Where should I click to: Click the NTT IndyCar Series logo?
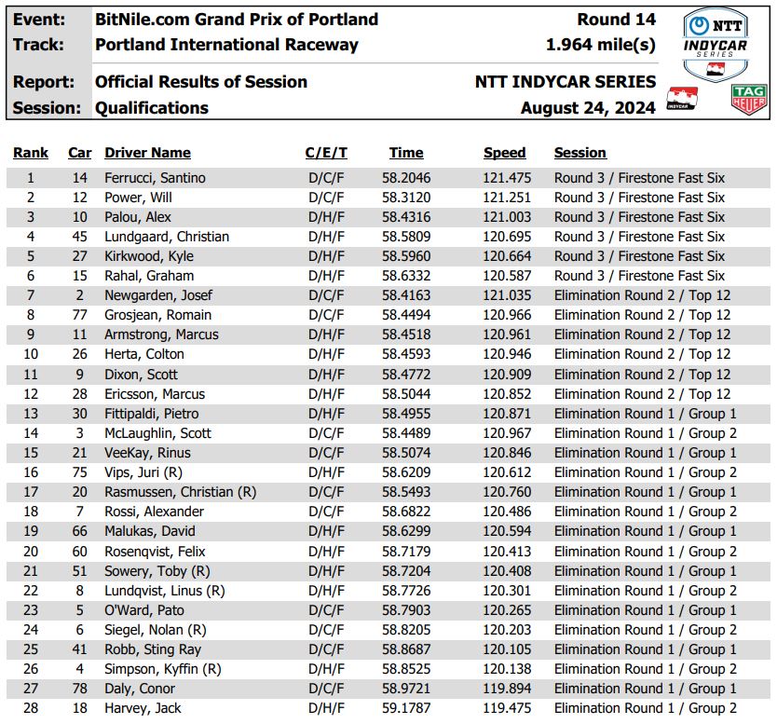(x=715, y=45)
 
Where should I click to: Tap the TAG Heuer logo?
(x=749, y=101)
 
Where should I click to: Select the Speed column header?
(x=504, y=153)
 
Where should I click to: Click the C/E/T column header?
(x=326, y=153)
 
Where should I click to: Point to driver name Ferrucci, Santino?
(x=155, y=178)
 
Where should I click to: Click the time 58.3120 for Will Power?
(x=406, y=198)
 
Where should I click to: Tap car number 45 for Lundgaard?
(x=80, y=237)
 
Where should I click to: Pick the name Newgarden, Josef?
(x=157, y=295)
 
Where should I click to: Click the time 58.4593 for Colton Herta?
(x=406, y=354)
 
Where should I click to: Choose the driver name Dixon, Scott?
(x=141, y=375)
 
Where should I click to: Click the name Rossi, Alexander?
(x=154, y=512)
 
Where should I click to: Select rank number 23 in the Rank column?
(x=31, y=610)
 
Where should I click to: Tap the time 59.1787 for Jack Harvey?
(x=406, y=708)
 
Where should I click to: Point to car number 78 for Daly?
(x=80, y=689)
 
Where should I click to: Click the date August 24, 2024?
(x=588, y=108)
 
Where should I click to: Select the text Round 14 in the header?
(x=616, y=20)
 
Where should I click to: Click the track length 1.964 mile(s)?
(x=600, y=45)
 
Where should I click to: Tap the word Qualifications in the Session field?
(x=152, y=108)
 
